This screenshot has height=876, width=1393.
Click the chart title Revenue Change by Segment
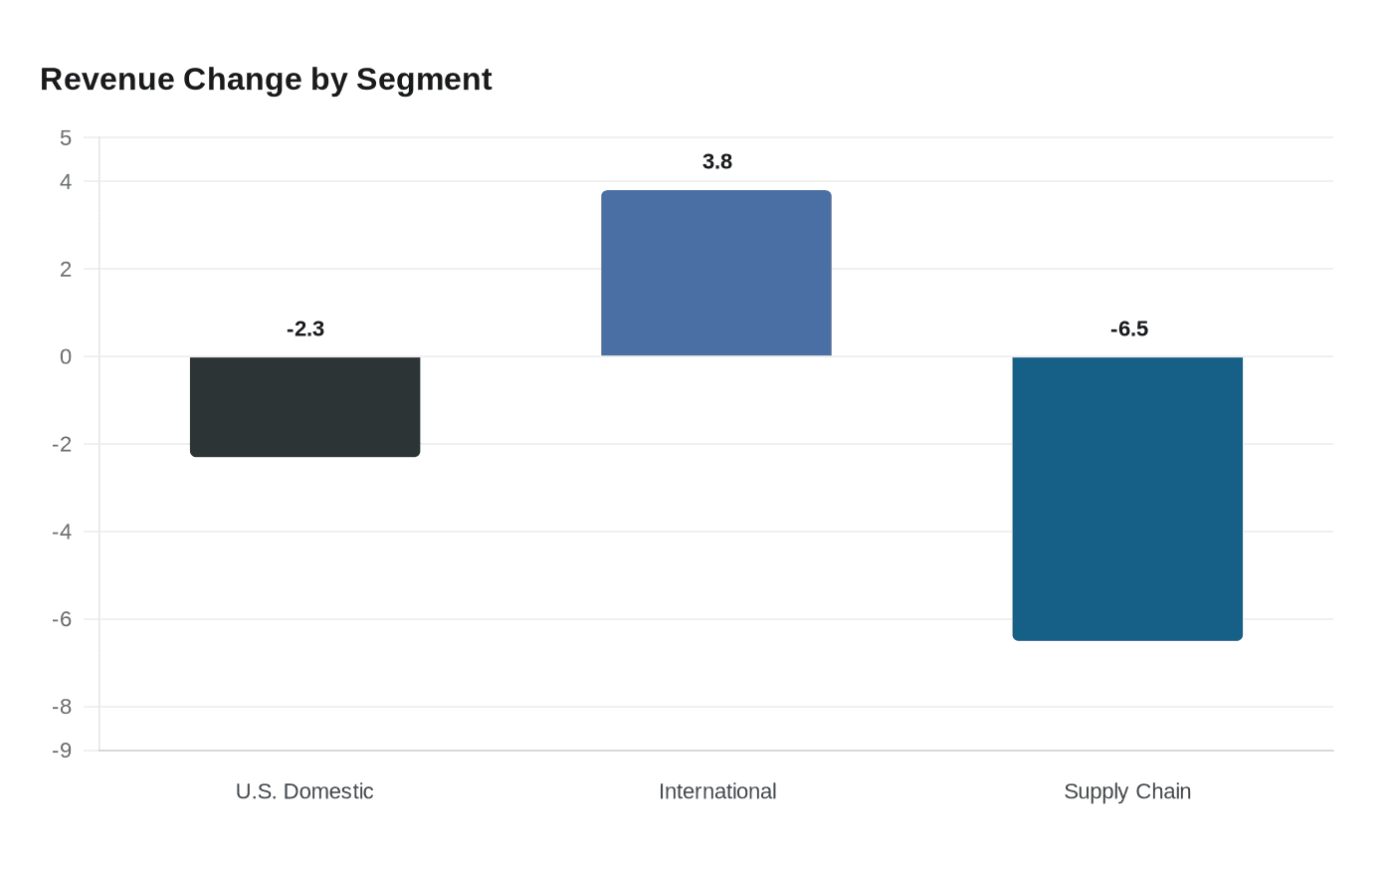point(266,80)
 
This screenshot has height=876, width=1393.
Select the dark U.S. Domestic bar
point(304,406)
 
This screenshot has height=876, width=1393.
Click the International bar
point(716,273)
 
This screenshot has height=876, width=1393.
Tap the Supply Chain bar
point(1127,498)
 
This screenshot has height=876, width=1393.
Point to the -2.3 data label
point(305,329)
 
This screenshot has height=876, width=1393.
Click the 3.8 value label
point(716,162)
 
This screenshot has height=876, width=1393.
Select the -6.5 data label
point(1128,329)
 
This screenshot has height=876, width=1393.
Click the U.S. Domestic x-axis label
point(304,791)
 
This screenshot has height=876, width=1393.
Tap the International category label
point(716,791)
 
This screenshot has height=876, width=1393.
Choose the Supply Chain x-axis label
point(1127,791)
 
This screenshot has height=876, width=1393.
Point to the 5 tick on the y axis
point(66,138)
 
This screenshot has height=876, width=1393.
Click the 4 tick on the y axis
point(66,182)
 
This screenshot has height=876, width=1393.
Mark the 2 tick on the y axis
point(66,270)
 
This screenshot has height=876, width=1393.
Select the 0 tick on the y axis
point(66,357)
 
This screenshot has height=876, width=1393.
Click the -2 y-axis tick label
point(62,445)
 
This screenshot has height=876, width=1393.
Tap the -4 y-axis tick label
point(62,533)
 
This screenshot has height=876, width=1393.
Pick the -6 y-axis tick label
point(62,620)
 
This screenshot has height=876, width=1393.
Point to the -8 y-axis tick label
point(62,708)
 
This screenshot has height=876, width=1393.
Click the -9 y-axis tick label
point(62,751)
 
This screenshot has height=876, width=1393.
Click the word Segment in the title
point(424,80)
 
